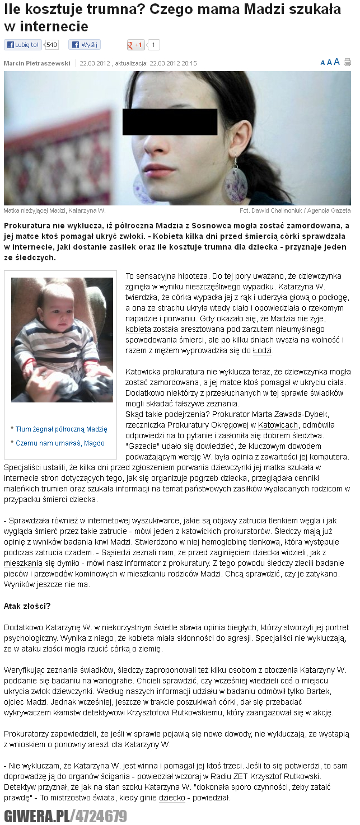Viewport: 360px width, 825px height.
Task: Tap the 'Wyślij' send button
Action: coord(85,45)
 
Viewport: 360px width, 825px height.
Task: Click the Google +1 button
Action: coord(136,45)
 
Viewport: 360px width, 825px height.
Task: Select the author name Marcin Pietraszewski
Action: coord(37,63)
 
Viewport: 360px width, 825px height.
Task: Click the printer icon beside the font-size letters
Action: coord(347,62)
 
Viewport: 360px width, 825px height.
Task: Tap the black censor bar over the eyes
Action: coord(170,122)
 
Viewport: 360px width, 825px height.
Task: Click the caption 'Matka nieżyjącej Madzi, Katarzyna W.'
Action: coord(54,210)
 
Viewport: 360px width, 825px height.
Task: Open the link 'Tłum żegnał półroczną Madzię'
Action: coord(62,429)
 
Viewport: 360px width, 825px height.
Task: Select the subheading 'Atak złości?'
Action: coord(27,606)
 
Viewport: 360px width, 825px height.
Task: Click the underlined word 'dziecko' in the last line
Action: coord(172,798)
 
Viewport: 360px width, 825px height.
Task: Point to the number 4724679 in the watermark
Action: coord(101,815)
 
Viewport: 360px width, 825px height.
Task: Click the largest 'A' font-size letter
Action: coord(336,62)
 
